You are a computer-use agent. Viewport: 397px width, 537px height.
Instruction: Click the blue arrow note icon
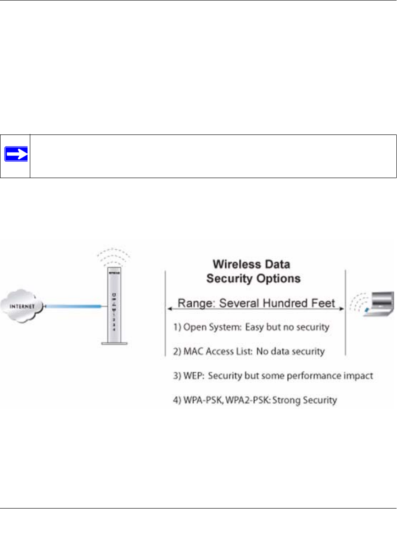click(16, 155)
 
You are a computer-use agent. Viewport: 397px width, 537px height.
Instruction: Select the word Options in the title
click(280, 278)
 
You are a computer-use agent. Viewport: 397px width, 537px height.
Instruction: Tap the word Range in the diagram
click(194, 303)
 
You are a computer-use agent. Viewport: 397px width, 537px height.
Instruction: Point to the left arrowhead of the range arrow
click(170, 310)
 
